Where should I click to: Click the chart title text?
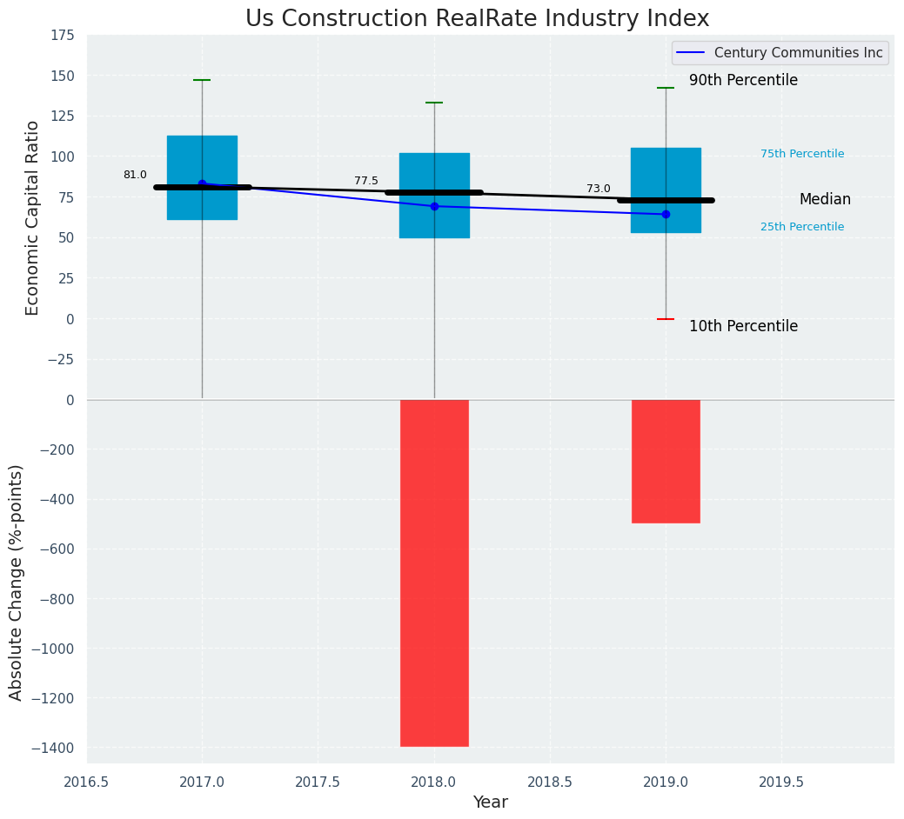click(x=477, y=19)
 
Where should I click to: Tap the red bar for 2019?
click(x=666, y=461)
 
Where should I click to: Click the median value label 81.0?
click(x=135, y=175)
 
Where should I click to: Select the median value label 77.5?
click(x=366, y=181)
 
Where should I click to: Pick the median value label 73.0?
click(x=599, y=189)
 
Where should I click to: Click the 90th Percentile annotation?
click(x=743, y=80)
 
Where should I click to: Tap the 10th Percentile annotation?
click(x=743, y=326)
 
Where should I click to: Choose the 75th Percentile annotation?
click(x=802, y=154)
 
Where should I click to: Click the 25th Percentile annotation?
click(x=802, y=227)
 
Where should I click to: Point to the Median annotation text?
click(x=825, y=199)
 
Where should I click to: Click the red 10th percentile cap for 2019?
click(x=666, y=319)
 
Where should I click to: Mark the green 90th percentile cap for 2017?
click(x=202, y=80)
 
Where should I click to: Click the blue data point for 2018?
click(x=434, y=206)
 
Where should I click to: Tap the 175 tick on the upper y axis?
click(x=63, y=36)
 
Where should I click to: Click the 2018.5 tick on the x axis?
click(x=550, y=782)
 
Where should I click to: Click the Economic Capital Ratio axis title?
click(x=33, y=217)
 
